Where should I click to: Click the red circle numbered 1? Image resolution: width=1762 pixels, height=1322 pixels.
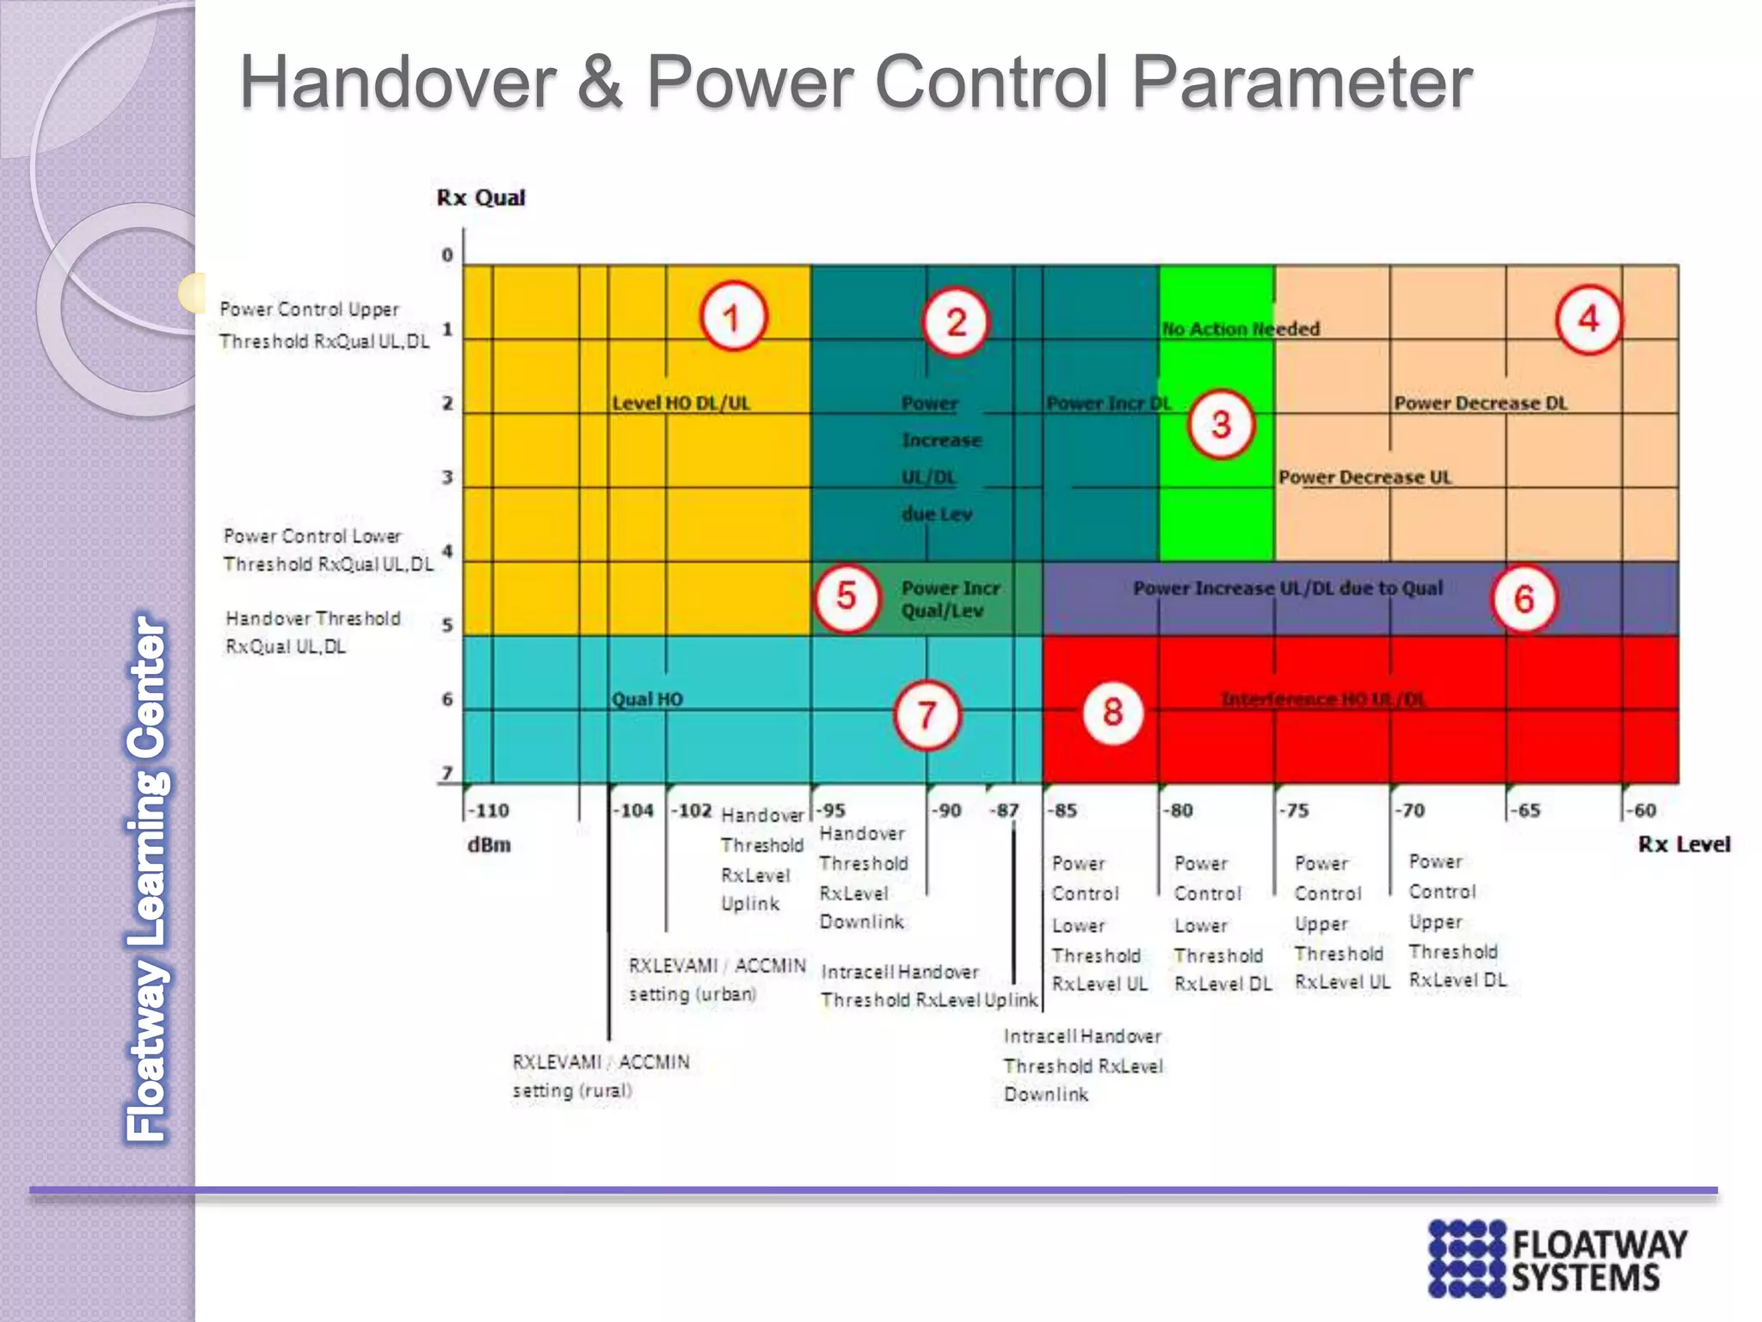(732, 318)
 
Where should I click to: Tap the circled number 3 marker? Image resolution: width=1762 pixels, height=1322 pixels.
(1220, 424)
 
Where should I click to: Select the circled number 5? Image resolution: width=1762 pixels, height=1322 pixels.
(847, 596)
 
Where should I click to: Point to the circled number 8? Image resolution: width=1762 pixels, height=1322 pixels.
(1112, 712)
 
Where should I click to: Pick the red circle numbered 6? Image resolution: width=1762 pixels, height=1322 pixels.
(1524, 598)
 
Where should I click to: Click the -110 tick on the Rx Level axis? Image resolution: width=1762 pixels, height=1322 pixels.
(489, 811)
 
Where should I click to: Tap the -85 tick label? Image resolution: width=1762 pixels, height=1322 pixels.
(1064, 811)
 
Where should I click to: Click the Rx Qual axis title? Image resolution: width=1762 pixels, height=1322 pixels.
(480, 198)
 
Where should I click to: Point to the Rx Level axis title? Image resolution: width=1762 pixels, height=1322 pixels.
(1684, 844)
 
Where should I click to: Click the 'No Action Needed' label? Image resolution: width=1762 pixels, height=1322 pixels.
(1241, 329)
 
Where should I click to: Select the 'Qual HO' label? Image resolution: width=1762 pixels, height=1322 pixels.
(647, 699)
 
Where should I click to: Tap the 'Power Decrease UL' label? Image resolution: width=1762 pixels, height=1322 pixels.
(1365, 478)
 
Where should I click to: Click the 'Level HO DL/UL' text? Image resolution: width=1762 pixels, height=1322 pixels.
(681, 404)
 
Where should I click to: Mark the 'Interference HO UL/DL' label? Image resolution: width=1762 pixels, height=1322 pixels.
(1323, 700)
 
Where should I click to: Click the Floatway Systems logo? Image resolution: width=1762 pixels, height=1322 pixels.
(1557, 1257)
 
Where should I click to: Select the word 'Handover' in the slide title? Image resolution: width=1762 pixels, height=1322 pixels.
(397, 82)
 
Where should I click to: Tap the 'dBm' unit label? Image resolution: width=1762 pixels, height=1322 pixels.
(489, 845)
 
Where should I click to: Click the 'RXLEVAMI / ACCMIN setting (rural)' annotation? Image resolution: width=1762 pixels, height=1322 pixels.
(601, 1076)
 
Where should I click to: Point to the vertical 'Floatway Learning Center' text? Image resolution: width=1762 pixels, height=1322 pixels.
(147, 878)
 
